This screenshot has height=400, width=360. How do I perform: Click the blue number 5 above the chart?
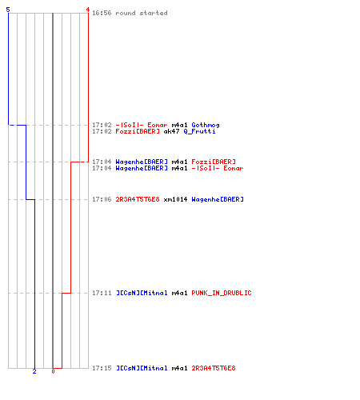(x=8, y=10)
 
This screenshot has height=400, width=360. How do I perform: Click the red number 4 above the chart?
(x=88, y=10)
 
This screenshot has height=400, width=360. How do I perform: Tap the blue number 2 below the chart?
(x=34, y=371)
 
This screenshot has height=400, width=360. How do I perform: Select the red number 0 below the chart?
(x=53, y=371)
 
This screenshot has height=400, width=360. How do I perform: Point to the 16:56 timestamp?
(x=102, y=13)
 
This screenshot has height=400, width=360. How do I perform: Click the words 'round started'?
(x=142, y=13)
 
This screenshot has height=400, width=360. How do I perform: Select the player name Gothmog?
(x=206, y=125)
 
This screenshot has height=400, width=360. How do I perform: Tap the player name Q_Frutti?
(x=199, y=131)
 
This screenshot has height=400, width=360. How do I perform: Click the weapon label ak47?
(x=171, y=131)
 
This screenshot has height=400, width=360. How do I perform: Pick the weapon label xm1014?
(x=175, y=199)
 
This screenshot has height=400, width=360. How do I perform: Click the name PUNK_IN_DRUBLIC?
(x=222, y=293)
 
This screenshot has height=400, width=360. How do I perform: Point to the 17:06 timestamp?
(x=102, y=199)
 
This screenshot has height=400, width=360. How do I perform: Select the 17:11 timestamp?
(x=102, y=293)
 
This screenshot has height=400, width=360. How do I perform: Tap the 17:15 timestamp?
(x=102, y=368)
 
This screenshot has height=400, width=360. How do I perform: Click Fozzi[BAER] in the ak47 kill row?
(x=138, y=131)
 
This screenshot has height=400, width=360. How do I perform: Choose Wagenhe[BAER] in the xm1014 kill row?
(x=218, y=199)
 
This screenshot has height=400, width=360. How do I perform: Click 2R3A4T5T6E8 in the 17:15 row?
(x=214, y=368)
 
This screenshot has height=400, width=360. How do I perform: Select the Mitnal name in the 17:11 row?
(x=142, y=293)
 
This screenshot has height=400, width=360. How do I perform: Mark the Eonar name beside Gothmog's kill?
(x=158, y=125)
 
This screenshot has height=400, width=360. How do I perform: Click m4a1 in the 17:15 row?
(x=179, y=368)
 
